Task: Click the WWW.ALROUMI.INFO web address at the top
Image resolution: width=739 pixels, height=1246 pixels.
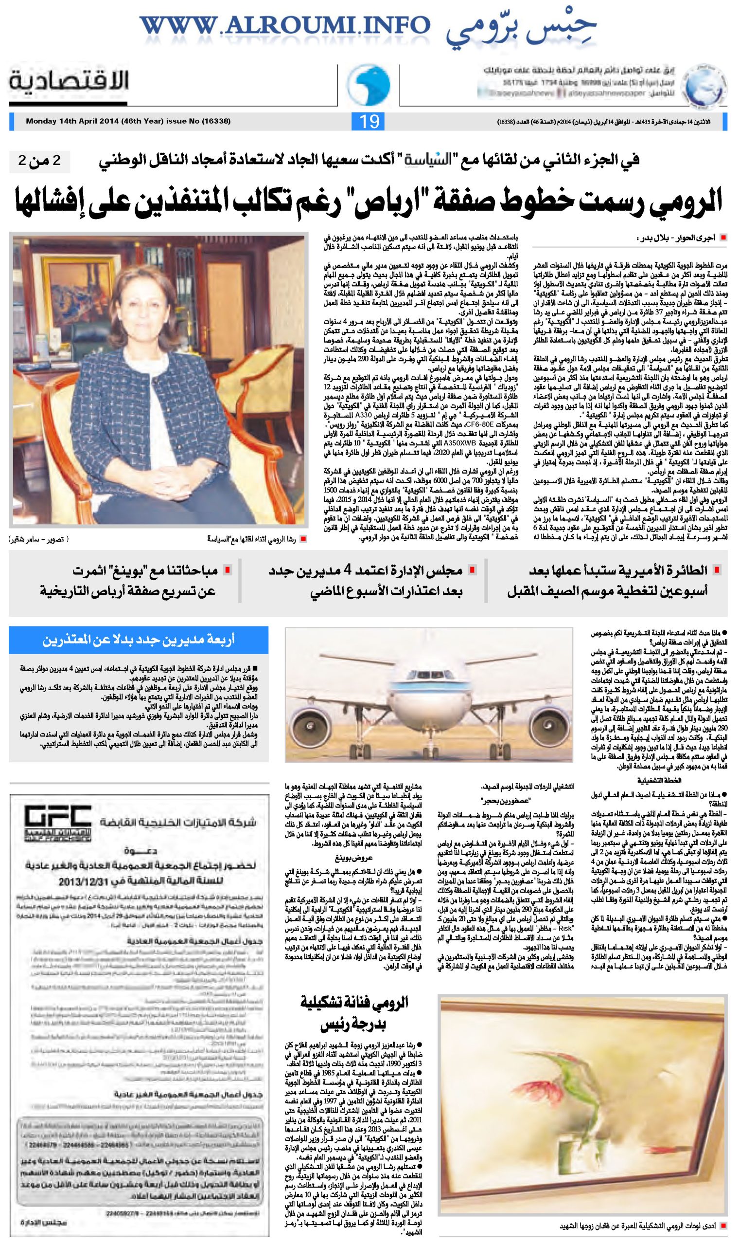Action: pos(284,25)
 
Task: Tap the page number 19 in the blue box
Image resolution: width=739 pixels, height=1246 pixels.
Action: pos(369,122)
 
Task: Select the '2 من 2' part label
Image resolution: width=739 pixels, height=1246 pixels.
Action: pos(39,161)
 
